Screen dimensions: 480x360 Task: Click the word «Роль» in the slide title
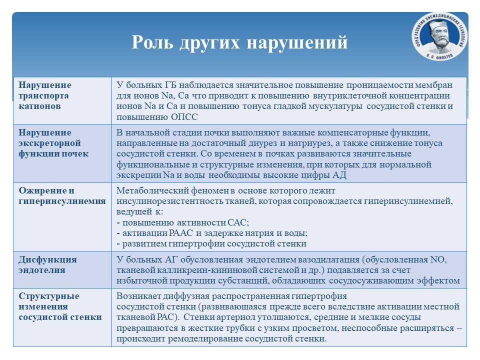click(x=152, y=42)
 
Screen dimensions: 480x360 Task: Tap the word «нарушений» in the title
click(x=297, y=42)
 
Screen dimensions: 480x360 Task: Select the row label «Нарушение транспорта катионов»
click(x=45, y=95)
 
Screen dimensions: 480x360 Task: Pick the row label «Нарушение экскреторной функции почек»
click(x=53, y=143)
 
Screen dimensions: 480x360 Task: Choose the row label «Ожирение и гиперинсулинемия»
click(x=62, y=196)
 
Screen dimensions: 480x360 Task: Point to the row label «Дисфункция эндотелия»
click(x=47, y=265)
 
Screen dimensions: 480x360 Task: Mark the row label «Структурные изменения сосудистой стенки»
click(x=60, y=306)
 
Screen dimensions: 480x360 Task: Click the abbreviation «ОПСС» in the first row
click(x=184, y=117)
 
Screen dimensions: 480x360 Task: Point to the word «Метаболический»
click(x=153, y=190)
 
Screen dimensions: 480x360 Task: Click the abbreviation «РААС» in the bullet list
click(x=180, y=233)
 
